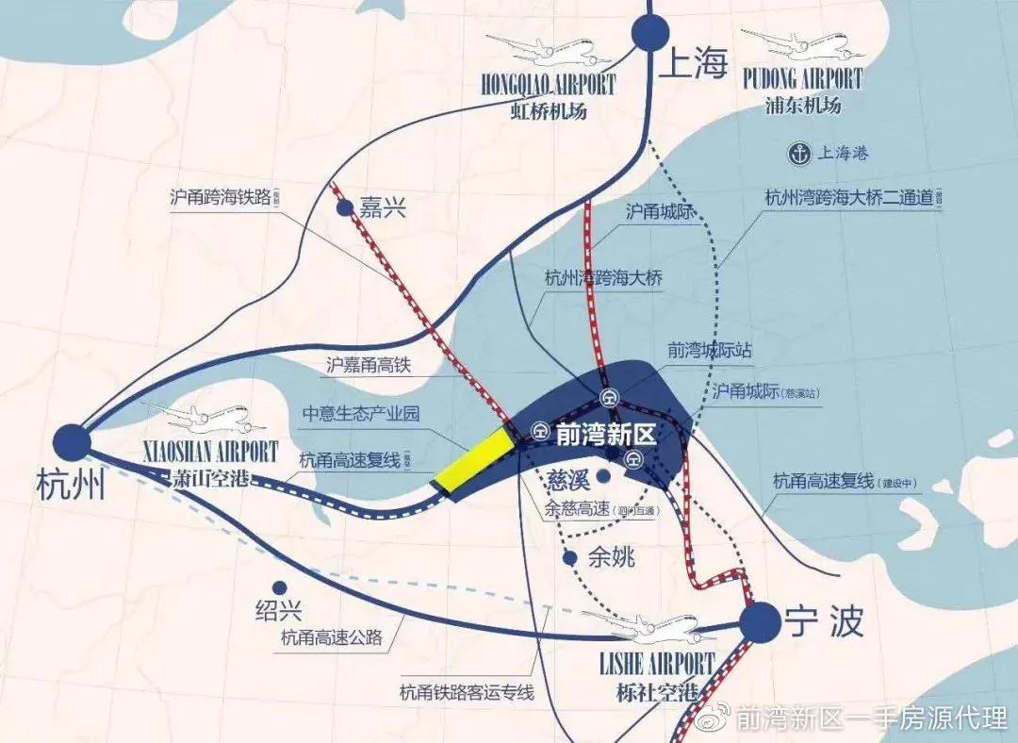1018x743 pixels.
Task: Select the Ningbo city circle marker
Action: click(x=759, y=622)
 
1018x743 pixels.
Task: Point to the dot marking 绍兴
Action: click(x=279, y=586)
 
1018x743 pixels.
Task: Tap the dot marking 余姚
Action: click(x=569, y=558)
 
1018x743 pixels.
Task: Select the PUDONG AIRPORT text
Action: click(x=802, y=77)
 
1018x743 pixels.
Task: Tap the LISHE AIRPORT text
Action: click(x=657, y=663)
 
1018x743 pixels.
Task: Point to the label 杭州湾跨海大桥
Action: click(x=604, y=279)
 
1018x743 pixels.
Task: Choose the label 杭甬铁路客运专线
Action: click(x=467, y=693)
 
